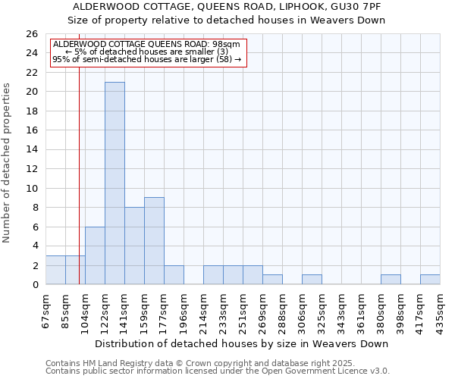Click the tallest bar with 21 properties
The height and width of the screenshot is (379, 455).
click(115, 183)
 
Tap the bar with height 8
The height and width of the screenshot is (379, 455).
click(134, 246)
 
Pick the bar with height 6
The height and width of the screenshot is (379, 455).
click(95, 255)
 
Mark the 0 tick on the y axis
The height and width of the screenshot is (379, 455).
click(34, 284)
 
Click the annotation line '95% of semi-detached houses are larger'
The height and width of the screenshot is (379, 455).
click(146, 58)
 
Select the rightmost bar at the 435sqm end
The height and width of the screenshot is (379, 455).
click(430, 279)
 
